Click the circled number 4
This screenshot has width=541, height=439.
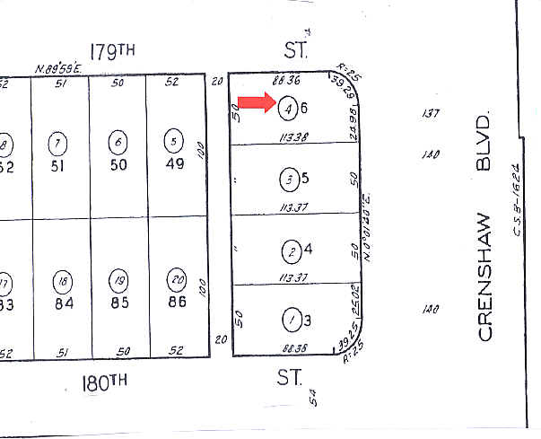[x=288, y=107]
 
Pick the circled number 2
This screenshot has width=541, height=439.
[x=289, y=249]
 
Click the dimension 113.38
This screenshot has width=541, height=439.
[x=294, y=136]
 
